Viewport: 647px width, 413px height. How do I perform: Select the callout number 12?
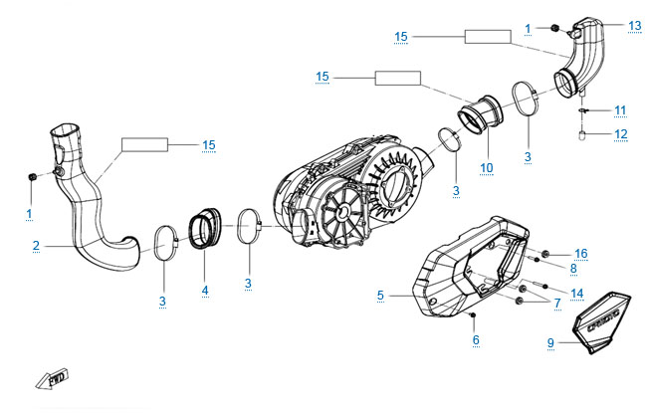coord(619,133)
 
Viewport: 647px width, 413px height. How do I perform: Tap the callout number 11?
coord(619,109)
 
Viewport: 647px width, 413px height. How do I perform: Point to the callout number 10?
coord(486,166)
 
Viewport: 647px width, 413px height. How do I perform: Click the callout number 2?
coord(34,245)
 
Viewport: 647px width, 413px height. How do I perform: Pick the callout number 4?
coord(204,293)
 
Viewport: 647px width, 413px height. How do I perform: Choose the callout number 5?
coord(380,295)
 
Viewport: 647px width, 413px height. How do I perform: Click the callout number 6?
coord(476,340)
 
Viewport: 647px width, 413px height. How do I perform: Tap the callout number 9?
coord(550,342)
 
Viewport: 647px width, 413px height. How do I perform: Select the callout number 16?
coord(580,254)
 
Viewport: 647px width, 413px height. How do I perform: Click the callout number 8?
coord(572,268)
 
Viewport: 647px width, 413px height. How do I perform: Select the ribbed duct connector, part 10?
coord(487,110)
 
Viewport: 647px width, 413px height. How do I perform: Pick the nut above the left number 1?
coord(31,176)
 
